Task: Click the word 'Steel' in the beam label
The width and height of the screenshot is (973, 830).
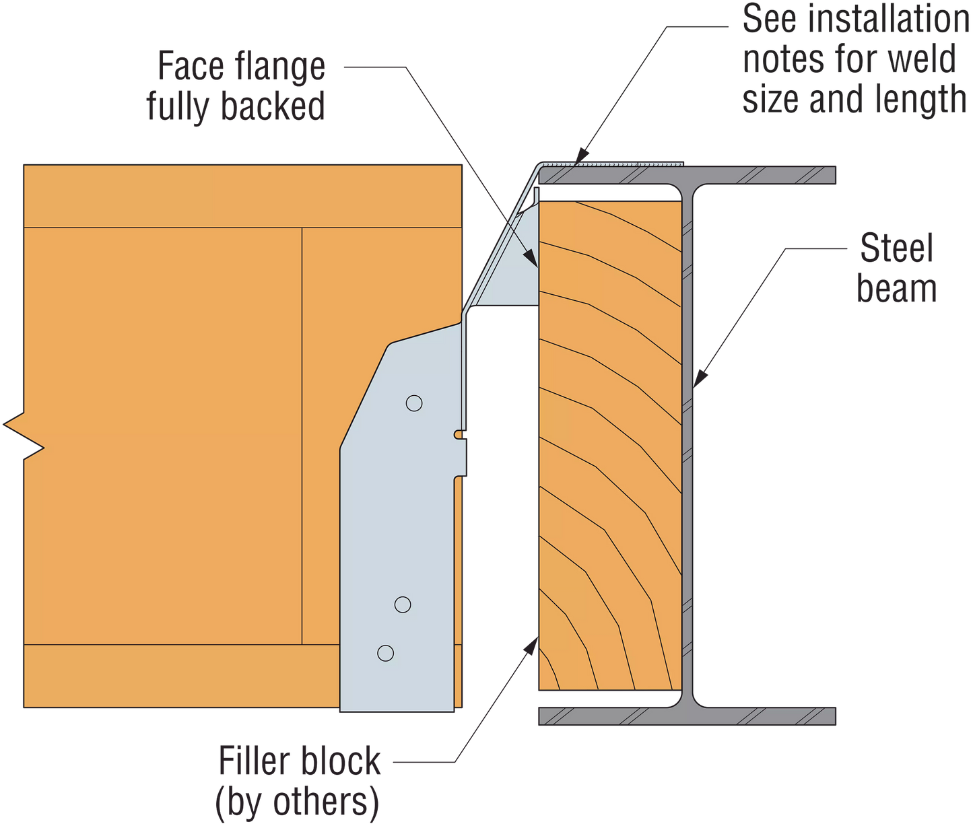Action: pyautogui.click(x=896, y=249)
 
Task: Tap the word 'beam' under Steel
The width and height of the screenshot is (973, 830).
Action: pyautogui.click(x=897, y=289)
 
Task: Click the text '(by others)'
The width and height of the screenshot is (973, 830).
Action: pyautogui.click(x=296, y=802)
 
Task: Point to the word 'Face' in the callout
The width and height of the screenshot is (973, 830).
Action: pyautogui.click(x=189, y=66)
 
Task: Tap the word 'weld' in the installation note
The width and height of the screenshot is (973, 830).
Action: pyautogui.click(x=922, y=61)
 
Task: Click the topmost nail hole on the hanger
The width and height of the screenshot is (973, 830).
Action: pyautogui.click(x=414, y=403)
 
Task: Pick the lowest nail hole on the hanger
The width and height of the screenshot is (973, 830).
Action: pyautogui.click(x=385, y=653)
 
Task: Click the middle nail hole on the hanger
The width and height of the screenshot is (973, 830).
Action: pyautogui.click(x=403, y=604)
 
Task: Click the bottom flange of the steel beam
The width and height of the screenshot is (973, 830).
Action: pyautogui.click(x=687, y=716)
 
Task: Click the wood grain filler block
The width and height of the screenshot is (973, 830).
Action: pyautogui.click(x=609, y=444)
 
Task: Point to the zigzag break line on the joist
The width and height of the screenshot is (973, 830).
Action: pyautogui.click(x=24, y=436)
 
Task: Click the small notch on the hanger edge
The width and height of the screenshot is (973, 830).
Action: pyautogui.click(x=459, y=434)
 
